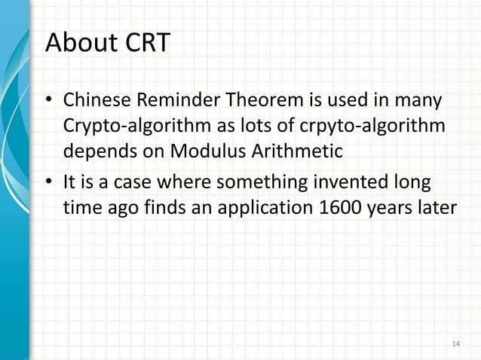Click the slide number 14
click(x=455, y=344)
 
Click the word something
click(x=278, y=182)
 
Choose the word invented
click(x=363, y=182)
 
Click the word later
click(x=437, y=206)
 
